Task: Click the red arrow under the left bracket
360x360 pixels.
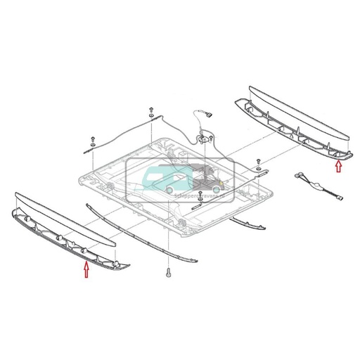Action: pyautogui.click(x=86, y=270)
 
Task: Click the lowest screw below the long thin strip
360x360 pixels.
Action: pyautogui.click(x=169, y=273)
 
